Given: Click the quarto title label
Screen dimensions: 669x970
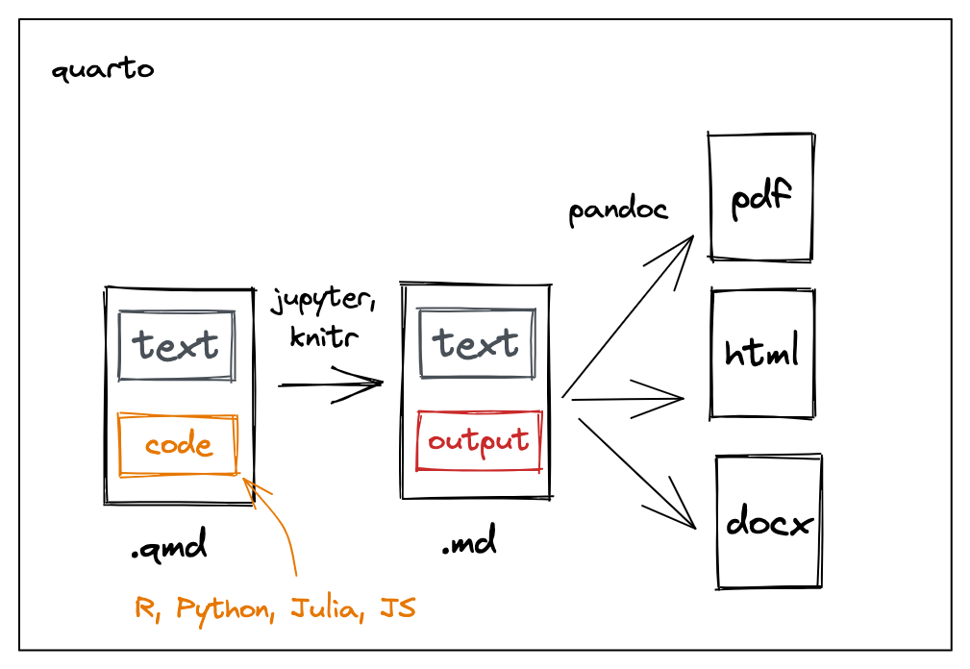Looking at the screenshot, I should pyautogui.click(x=102, y=70).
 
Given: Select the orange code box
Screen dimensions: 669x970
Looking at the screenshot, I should pyautogui.click(x=178, y=445).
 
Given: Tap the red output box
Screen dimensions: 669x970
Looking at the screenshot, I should pyautogui.click(x=479, y=441).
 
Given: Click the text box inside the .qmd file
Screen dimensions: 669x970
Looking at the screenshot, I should pyautogui.click(x=176, y=345).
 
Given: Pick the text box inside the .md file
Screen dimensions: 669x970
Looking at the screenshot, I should pyautogui.click(x=477, y=343).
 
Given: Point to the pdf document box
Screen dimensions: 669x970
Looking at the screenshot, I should pyautogui.click(x=761, y=197).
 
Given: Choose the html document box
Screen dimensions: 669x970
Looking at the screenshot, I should pyautogui.click(x=762, y=354).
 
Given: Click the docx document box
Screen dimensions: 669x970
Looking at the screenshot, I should pyautogui.click(x=769, y=522).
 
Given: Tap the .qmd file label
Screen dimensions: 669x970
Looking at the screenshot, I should pyautogui.click(x=169, y=549).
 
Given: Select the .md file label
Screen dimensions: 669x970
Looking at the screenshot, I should pyautogui.click(x=469, y=545).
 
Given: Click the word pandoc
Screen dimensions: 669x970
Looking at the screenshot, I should pyautogui.click(x=618, y=211).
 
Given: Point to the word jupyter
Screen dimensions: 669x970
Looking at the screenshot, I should pyautogui.click(x=322, y=301).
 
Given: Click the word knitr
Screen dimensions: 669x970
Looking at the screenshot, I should pyautogui.click(x=324, y=336).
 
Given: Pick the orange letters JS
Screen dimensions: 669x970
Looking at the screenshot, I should pyautogui.click(x=398, y=608).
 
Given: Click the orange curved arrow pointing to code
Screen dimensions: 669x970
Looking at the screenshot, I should pyautogui.click(x=286, y=533).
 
